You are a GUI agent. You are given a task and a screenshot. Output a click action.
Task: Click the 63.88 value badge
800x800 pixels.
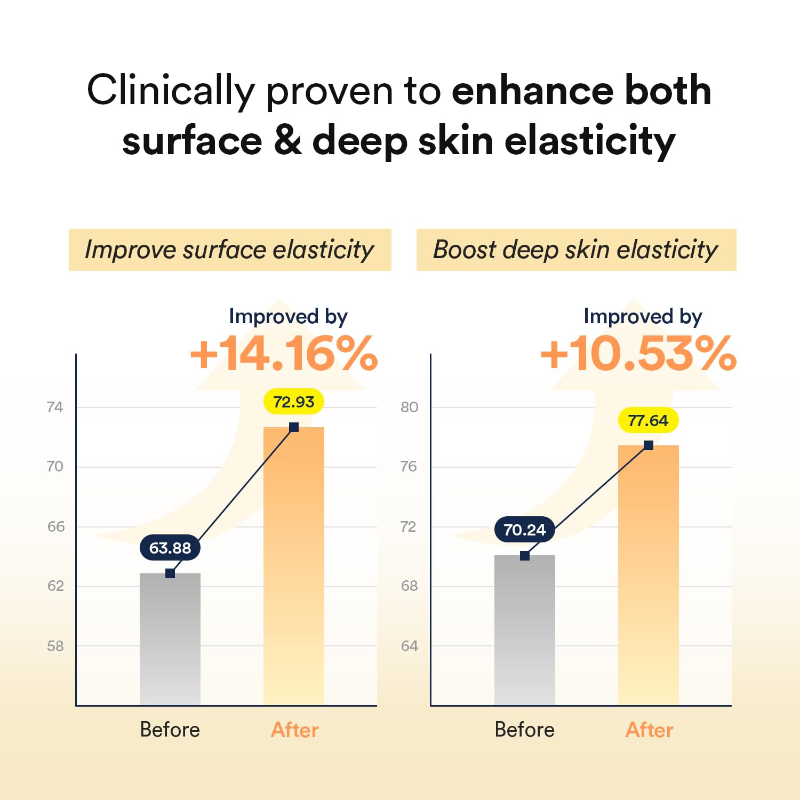[170, 548]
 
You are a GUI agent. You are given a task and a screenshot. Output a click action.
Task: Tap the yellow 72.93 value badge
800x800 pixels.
[294, 402]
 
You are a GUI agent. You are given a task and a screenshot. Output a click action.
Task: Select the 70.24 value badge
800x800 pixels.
[525, 530]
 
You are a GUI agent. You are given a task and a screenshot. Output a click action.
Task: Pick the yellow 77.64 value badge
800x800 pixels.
[648, 421]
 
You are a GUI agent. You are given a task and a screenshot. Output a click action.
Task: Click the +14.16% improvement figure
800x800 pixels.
[284, 354]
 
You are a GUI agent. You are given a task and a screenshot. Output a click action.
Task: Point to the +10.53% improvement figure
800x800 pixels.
[638, 354]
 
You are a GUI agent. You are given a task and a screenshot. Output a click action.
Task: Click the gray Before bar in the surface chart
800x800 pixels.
[170, 640]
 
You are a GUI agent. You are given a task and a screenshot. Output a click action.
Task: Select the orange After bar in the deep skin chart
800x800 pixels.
[648, 576]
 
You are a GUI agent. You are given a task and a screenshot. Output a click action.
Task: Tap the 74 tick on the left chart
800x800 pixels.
[55, 407]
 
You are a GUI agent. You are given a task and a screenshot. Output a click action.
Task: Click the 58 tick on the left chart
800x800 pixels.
[55, 646]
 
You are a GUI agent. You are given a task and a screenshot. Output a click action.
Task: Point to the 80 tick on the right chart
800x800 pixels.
[409, 407]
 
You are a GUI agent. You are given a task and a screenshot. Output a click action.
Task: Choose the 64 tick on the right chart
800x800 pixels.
[409, 646]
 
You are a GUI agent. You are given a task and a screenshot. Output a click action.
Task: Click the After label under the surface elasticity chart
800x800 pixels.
[294, 730]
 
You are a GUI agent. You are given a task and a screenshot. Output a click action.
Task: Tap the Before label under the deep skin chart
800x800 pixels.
[525, 730]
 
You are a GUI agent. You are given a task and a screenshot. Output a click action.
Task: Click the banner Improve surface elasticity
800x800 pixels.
[230, 250]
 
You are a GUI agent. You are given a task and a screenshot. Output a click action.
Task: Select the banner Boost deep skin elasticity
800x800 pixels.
[576, 250]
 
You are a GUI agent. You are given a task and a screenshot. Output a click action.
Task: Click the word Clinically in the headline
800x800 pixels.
[171, 91]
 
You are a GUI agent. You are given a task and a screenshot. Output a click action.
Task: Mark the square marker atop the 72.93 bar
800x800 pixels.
[294, 427]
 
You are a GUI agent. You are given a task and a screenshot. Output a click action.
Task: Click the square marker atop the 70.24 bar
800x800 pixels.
[525, 556]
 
